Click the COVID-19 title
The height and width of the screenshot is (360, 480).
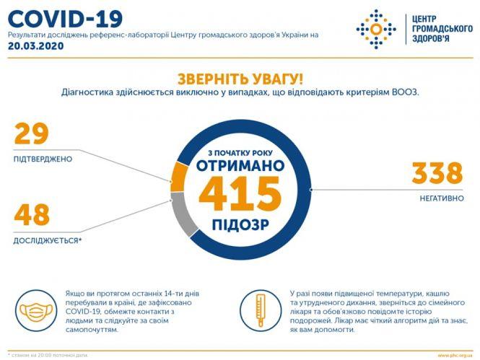tap(66, 18)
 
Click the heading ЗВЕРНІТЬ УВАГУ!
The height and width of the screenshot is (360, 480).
tap(240, 79)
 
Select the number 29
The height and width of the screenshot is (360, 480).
tap(32, 134)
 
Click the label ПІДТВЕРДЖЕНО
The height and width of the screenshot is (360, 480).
tap(43, 159)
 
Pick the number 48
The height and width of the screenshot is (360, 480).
tap(32, 215)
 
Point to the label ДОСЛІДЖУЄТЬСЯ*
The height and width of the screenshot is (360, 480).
tap(48, 240)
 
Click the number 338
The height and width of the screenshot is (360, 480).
tap(437, 173)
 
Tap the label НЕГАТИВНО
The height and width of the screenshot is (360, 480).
tap(438, 198)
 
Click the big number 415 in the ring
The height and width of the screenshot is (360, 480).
tap(240, 195)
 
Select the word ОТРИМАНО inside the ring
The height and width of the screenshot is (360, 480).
tap(240, 165)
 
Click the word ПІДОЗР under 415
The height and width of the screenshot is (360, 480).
tap(240, 225)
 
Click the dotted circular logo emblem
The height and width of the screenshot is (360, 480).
tap(375, 30)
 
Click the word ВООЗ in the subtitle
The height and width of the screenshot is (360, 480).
tap(405, 93)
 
